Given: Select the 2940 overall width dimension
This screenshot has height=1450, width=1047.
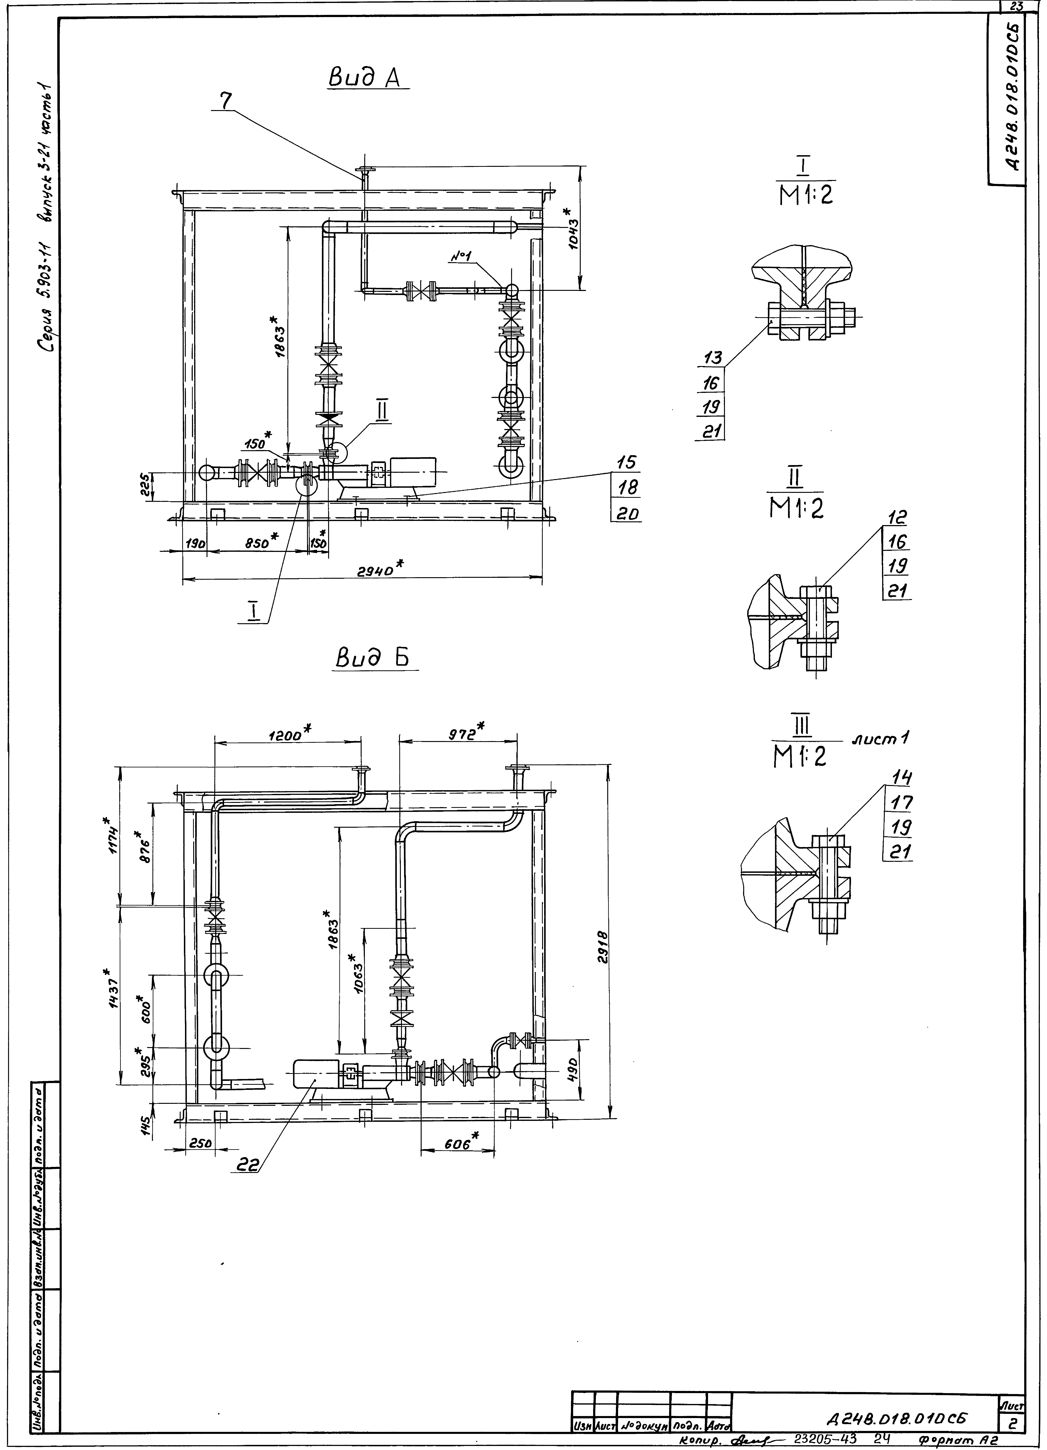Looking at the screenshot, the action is point(377,569).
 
